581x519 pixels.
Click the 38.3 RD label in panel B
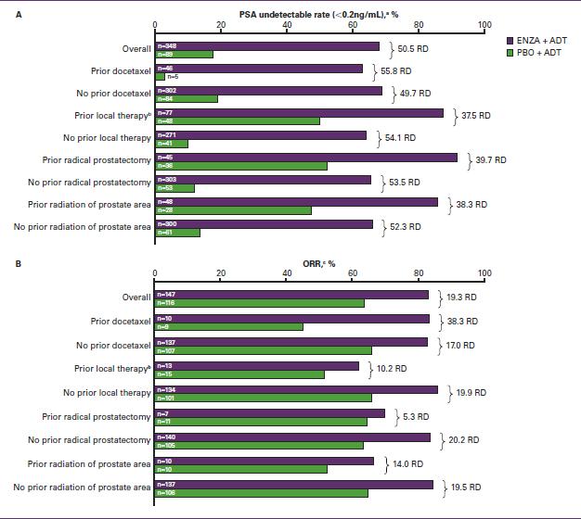[459, 321]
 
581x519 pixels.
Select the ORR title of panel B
[318, 263]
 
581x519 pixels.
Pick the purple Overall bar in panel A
[267, 45]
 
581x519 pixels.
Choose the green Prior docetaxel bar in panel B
[228, 326]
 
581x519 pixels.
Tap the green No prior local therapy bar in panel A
[172, 143]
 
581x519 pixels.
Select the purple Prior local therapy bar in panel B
[256, 366]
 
